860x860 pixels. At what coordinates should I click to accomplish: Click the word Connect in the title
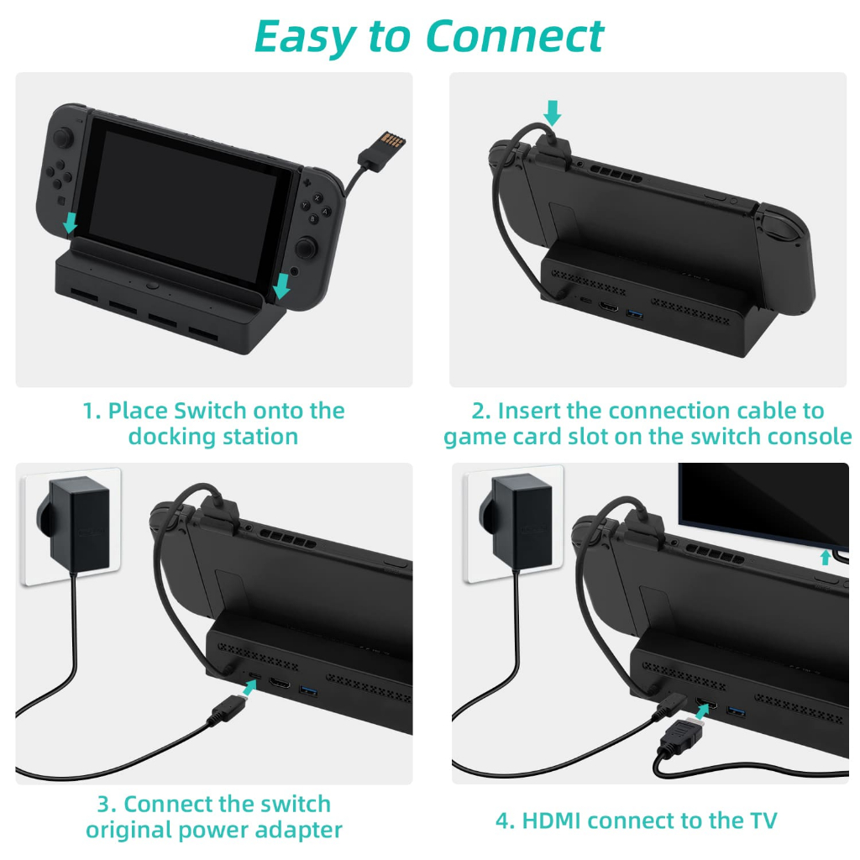click(515, 36)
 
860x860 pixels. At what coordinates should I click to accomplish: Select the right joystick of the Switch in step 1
click(306, 248)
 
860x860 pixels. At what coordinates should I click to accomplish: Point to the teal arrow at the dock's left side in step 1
click(70, 223)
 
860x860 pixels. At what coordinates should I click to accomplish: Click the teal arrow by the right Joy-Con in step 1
click(281, 286)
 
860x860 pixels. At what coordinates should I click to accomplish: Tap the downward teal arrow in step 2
click(552, 113)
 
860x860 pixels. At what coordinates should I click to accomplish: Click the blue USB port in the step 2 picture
click(634, 314)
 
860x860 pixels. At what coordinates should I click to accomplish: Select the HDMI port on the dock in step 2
click(608, 306)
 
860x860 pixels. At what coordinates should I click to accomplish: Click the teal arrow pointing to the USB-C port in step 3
click(250, 687)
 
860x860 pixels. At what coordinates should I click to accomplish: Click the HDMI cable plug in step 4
click(681, 737)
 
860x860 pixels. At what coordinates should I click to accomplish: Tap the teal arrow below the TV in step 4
click(825, 558)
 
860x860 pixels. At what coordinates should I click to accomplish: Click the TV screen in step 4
click(763, 505)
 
